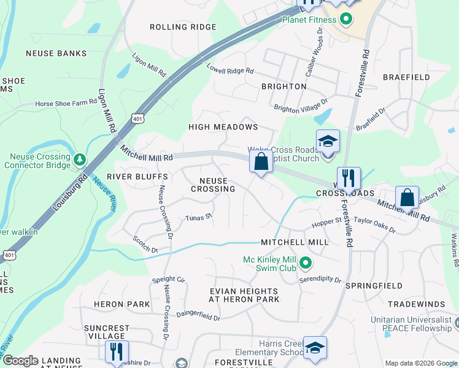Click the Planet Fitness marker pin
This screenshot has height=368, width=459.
tap(345, 19)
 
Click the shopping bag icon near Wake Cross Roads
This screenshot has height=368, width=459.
tap(261, 163)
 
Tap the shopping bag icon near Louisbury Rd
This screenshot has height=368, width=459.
tap(407, 198)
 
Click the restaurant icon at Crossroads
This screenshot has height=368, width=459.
tap(348, 178)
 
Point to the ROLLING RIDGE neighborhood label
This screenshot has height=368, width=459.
tap(183, 27)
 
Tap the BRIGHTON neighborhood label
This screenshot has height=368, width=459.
tap(283, 86)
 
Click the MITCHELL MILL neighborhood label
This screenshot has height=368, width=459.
tap(295, 242)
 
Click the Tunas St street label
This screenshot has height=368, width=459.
tap(199, 217)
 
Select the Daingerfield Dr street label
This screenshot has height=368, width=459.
tap(198, 317)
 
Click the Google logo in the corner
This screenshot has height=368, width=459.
tap(20, 361)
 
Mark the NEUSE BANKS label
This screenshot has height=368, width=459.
tap(56, 53)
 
